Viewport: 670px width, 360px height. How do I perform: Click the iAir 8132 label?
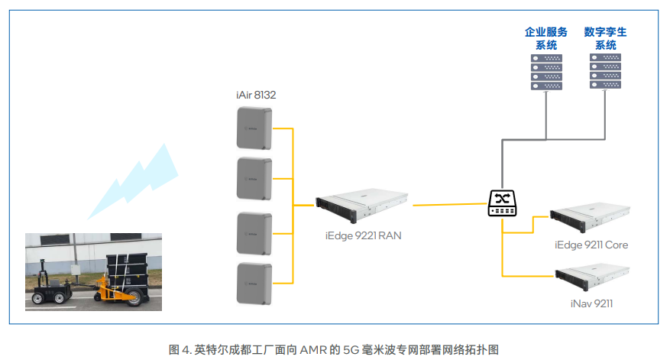(256, 95)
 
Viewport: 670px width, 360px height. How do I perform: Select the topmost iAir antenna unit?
(254, 128)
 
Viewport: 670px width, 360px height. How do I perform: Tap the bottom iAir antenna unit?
(254, 284)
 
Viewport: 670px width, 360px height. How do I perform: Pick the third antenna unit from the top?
(254, 233)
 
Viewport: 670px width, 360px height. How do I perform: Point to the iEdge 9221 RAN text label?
(359, 236)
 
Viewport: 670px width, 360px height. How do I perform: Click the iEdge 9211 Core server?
(589, 218)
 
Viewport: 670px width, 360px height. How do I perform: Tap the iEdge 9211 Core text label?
(591, 245)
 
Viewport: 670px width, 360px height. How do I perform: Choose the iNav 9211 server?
(592, 277)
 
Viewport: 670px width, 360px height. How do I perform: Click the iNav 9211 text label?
(591, 303)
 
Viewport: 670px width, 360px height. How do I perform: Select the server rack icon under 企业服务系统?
(546, 71)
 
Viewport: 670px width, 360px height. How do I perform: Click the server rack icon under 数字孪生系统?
(605, 71)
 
